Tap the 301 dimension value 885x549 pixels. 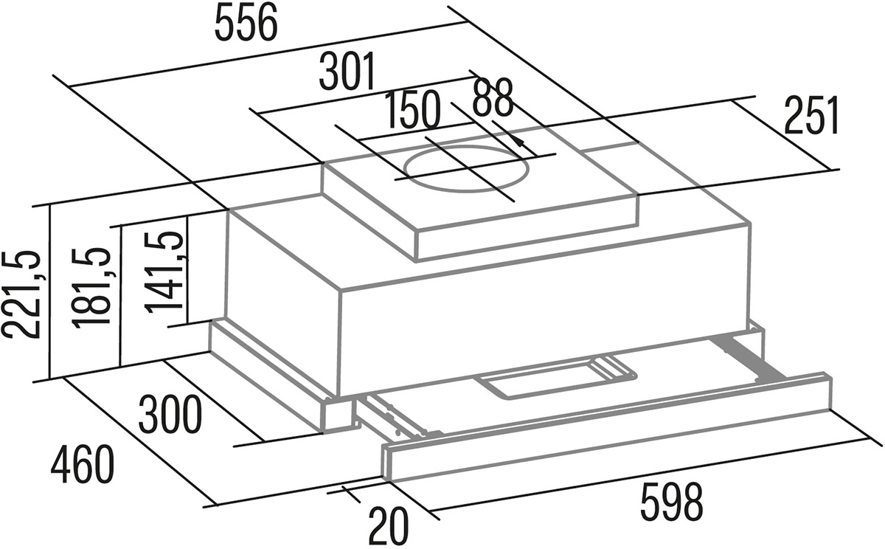pyautogui.click(x=347, y=72)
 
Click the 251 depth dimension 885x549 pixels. pyautogui.click(x=811, y=115)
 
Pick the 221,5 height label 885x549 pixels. pyautogui.click(x=21, y=294)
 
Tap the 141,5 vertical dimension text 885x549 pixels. pyautogui.click(x=164, y=273)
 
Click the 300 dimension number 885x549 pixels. pyautogui.click(x=170, y=415)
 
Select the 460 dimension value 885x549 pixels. pyautogui.click(x=82, y=465)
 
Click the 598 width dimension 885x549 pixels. pyautogui.click(x=671, y=501)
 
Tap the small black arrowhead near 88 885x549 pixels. pyautogui.click(x=519, y=142)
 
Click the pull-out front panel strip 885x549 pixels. pyautogui.click(x=607, y=429)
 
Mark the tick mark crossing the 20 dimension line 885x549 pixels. pyautogui.click(x=350, y=494)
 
